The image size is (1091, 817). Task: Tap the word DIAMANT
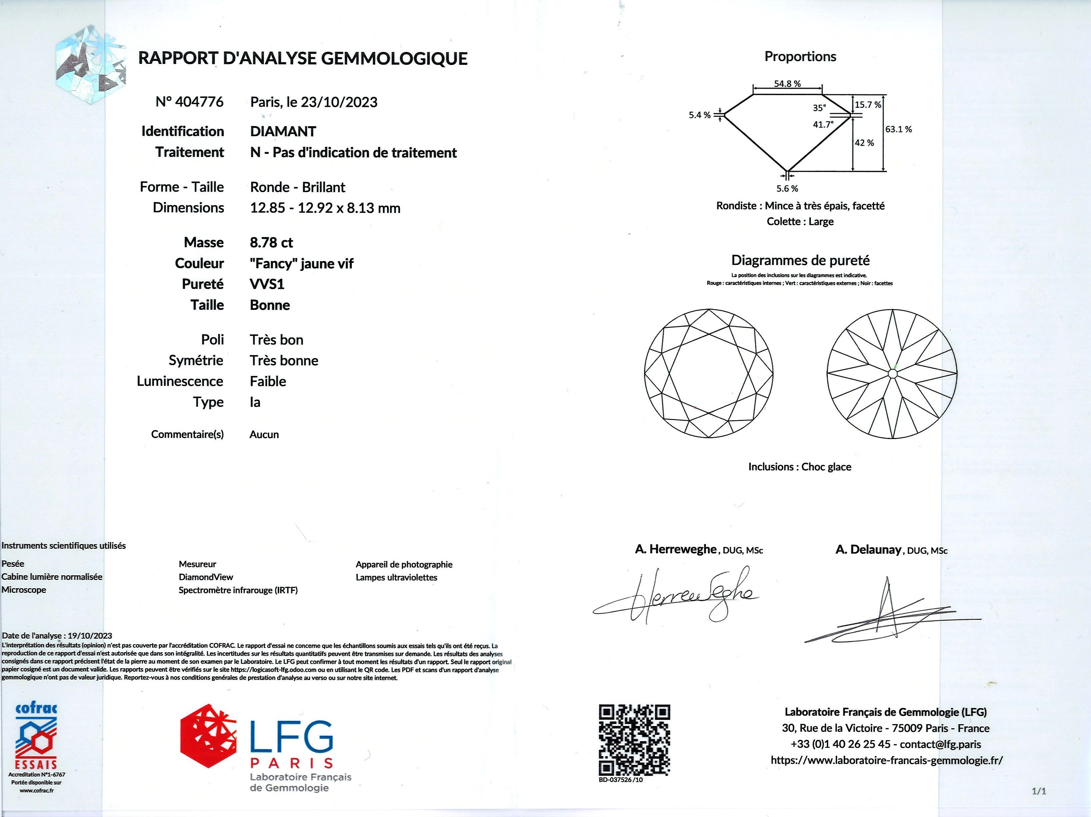click(283, 131)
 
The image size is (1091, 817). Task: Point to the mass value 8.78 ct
click(271, 243)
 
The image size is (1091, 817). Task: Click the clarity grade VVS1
click(267, 284)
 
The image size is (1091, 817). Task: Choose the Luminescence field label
click(180, 381)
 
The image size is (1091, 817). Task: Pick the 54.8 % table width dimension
click(787, 84)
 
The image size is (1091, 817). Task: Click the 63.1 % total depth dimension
click(899, 129)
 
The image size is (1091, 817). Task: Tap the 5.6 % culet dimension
click(787, 189)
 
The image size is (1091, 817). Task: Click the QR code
click(634, 740)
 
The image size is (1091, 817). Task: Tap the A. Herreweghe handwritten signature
click(681, 597)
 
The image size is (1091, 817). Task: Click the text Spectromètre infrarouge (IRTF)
click(238, 590)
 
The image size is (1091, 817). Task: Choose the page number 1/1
click(1039, 791)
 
